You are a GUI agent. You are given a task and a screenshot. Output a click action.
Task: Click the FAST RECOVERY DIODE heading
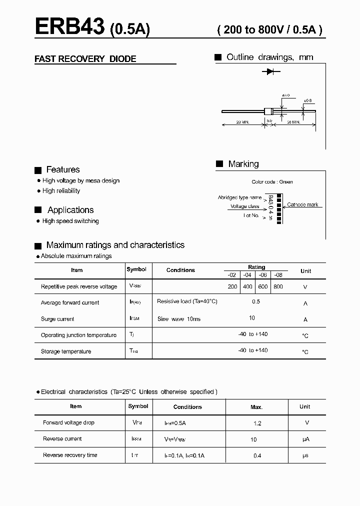tap(85, 59)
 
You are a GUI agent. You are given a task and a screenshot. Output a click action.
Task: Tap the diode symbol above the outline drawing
tap(270, 72)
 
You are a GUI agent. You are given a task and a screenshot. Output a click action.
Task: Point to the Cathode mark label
tap(302, 205)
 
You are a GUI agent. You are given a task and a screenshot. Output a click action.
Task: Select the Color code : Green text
tap(272, 182)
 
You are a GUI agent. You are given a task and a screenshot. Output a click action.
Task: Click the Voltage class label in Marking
tap(244, 206)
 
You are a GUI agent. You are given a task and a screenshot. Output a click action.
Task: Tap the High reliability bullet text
tap(61, 191)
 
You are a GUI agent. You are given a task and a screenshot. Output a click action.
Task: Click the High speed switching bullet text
tap(70, 221)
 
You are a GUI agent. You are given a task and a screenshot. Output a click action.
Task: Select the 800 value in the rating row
tap(278, 286)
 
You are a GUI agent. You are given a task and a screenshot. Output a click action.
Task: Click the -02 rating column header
tap(231, 274)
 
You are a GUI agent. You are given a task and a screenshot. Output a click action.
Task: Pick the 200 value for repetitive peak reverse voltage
tap(232, 286)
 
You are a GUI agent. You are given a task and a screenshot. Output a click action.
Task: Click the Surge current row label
tap(57, 319)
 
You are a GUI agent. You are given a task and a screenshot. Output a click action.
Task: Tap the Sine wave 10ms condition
tap(178, 319)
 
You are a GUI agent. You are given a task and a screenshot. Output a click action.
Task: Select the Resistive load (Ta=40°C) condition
tap(187, 301)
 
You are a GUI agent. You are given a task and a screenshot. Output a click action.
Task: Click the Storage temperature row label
tap(66, 351)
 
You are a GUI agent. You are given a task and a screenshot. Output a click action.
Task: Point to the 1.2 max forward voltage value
tap(257, 423)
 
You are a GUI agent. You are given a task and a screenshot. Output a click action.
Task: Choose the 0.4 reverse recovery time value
tap(257, 455)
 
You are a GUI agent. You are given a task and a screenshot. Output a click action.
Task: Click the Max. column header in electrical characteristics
tap(256, 407)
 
